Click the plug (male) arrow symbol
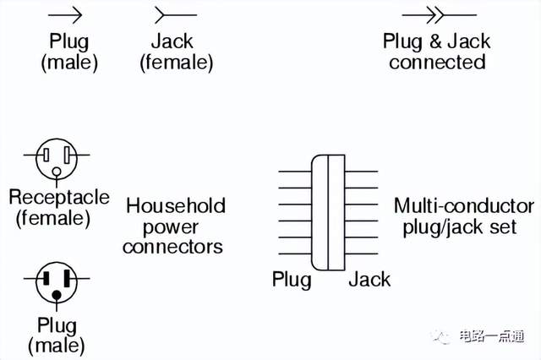[67, 14]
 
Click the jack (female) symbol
[174, 14]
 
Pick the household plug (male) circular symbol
[57, 283]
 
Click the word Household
[176, 205]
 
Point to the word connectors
[172, 247]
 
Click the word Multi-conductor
[463, 206]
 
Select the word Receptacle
[59, 198]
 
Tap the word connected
[437, 62]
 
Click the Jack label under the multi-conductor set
[369, 279]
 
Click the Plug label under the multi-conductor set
[292, 279]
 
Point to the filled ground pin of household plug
[57, 295]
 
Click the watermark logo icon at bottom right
[442, 336]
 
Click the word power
[171, 226]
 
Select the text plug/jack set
[455, 227]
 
